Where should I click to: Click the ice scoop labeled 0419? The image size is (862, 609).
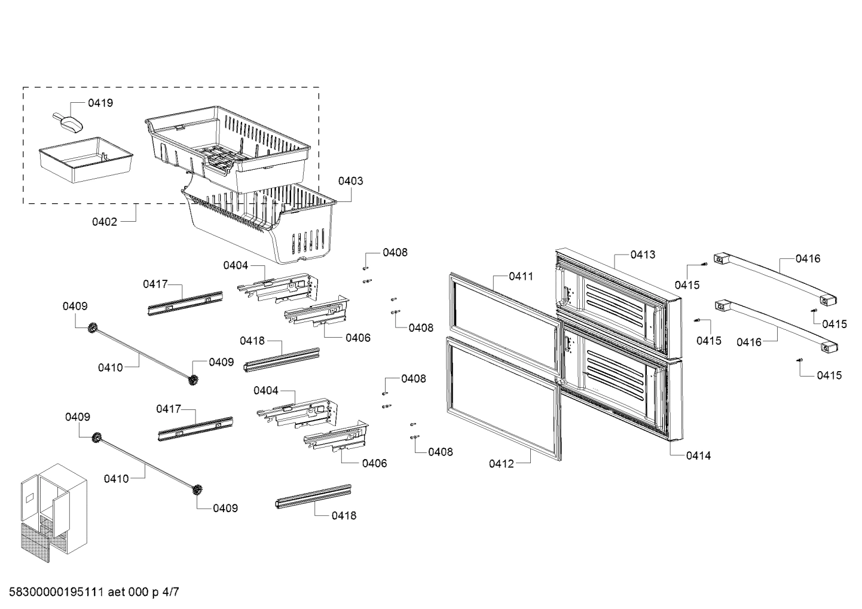[x=68, y=121]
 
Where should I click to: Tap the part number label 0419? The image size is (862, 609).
[x=100, y=103]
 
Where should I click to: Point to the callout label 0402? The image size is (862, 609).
[x=104, y=222]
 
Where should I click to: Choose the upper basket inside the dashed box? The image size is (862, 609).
[x=227, y=146]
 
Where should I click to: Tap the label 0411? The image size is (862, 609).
[x=521, y=276]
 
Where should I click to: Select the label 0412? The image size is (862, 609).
[x=501, y=464]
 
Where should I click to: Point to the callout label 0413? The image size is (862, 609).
[x=643, y=255]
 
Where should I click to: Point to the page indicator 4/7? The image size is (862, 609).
[x=170, y=592]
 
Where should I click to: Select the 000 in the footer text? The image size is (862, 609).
[x=140, y=592]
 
